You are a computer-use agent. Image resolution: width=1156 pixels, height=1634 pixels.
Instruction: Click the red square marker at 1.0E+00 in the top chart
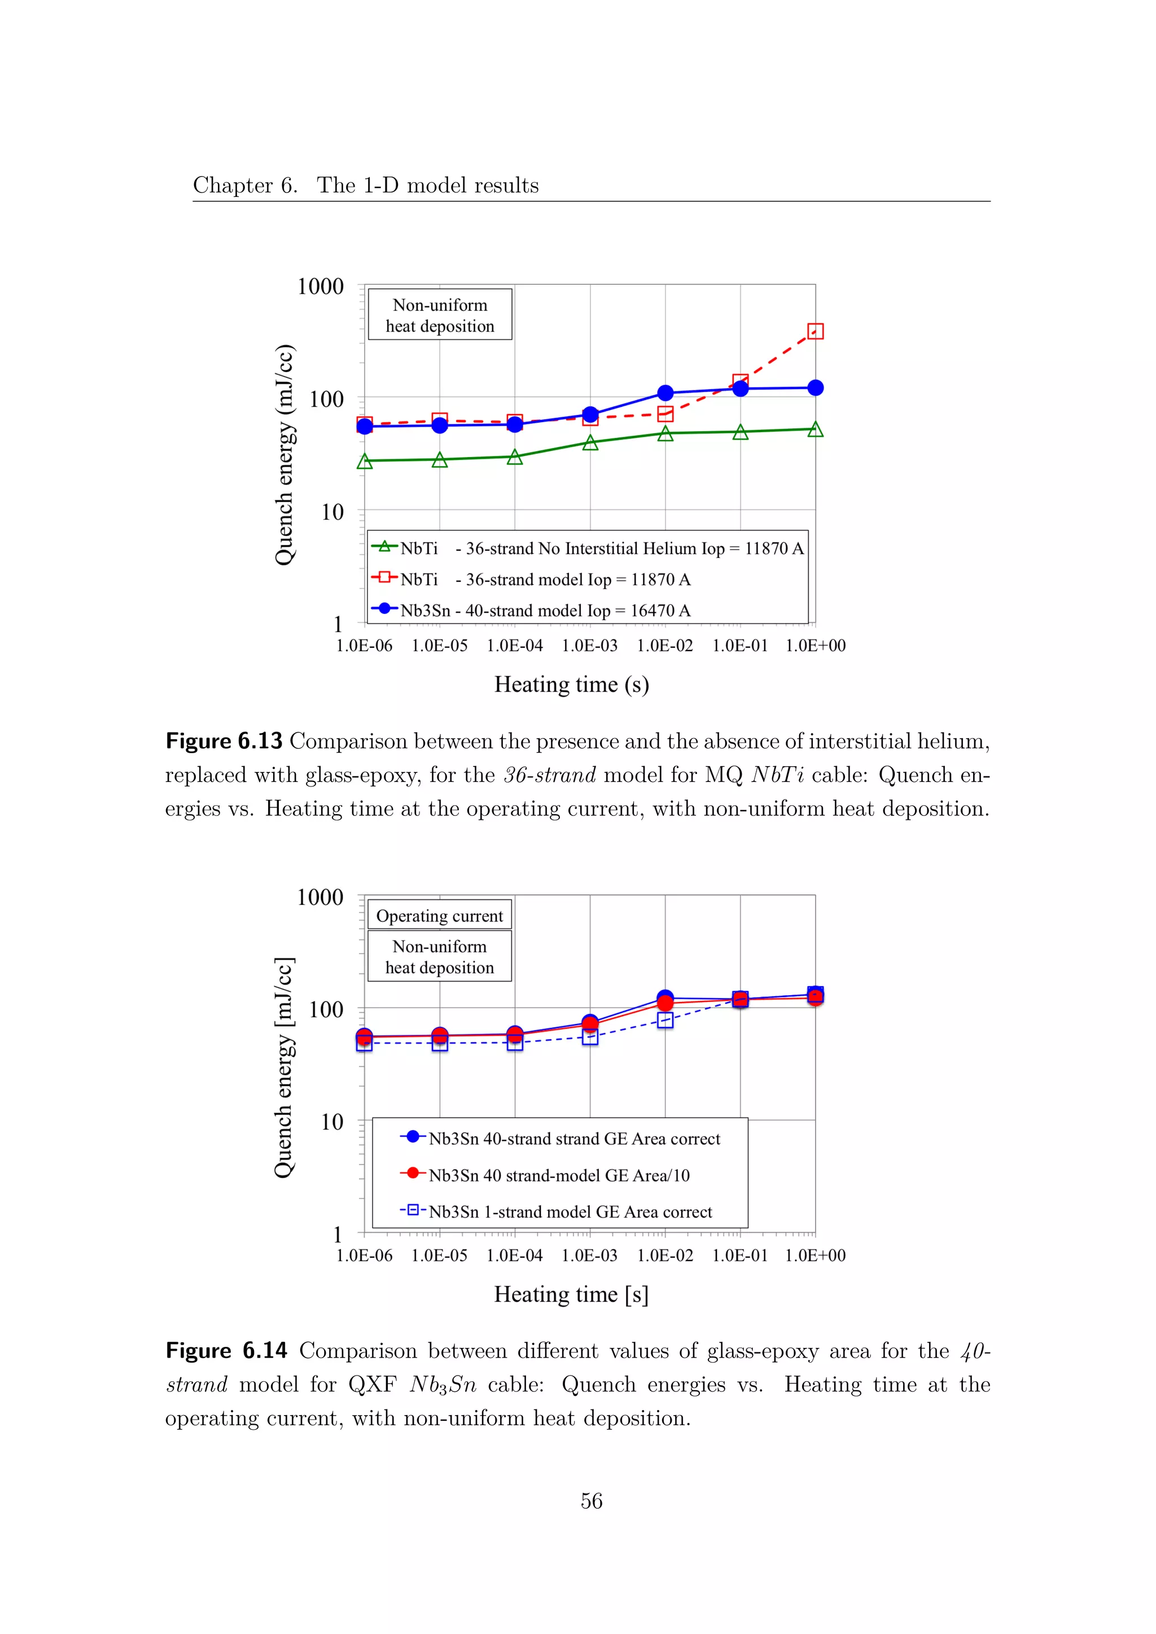click(x=815, y=331)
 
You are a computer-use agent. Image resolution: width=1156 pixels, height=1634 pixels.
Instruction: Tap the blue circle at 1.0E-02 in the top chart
click(x=665, y=393)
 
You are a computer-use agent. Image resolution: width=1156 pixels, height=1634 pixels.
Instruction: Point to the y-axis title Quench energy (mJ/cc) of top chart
click(x=284, y=455)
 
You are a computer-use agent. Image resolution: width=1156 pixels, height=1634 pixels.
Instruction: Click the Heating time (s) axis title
click(x=571, y=684)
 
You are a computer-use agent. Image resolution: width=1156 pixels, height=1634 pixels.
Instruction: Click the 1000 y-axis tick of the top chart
click(x=320, y=287)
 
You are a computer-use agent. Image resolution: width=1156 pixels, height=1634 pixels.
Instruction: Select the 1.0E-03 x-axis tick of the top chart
click(x=589, y=645)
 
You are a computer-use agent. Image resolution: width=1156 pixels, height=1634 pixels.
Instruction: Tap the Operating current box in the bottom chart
click(x=439, y=916)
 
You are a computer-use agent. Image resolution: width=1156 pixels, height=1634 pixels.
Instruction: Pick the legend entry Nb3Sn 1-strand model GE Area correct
click(x=570, y=1212)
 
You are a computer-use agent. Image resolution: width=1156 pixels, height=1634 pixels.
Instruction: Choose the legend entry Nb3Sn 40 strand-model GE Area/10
click(x=559, y=1175)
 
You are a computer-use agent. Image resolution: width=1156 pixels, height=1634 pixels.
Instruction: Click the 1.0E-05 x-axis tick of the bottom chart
click(x=439, y=1255)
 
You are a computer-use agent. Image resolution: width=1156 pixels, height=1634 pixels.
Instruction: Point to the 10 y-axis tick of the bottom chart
click(x=332, y=1122)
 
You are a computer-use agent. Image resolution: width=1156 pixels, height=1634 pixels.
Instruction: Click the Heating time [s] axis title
click(x=571, y=1294)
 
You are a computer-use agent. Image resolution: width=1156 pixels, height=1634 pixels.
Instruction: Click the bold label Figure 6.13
click(x=224, y=741)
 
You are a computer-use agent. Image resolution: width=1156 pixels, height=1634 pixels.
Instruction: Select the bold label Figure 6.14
click(x=226, y=1351)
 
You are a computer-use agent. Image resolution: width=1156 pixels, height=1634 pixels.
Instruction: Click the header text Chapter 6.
click(x=245, y=185)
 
